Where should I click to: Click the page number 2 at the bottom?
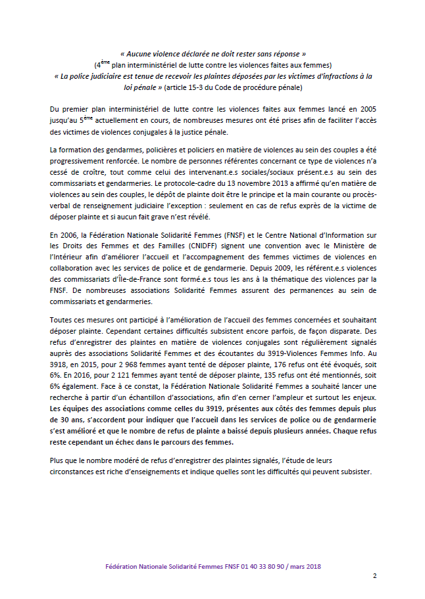pos(375,576)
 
